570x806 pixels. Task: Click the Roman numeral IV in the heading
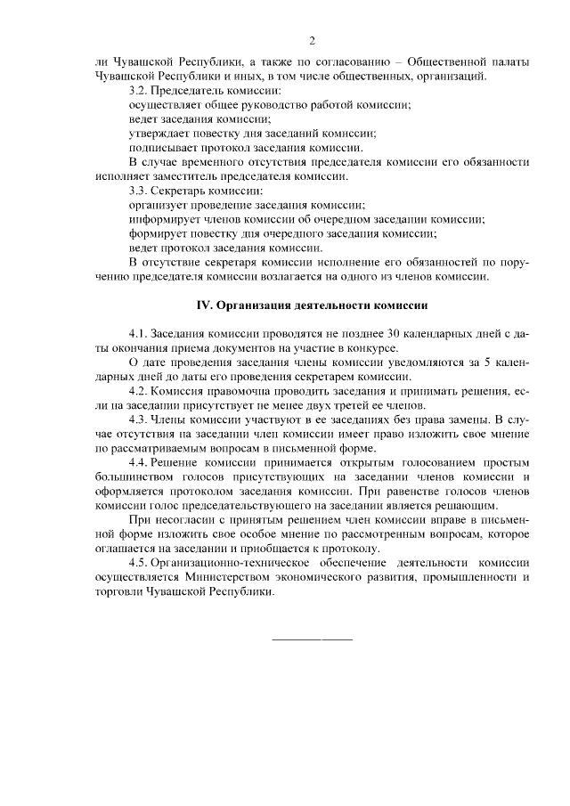point(203,305)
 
